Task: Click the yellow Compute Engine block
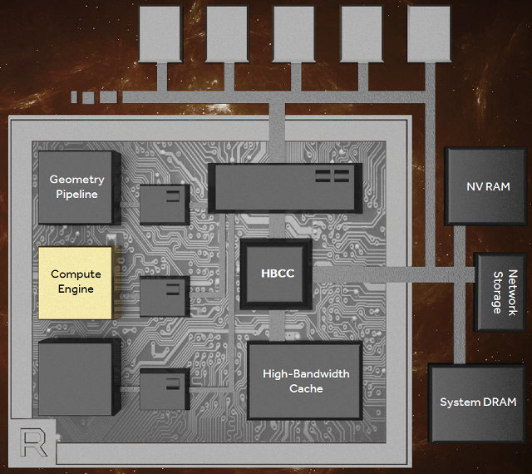point(75,282)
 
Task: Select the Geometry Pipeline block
point(75,187)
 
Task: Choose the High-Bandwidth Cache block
point(305,381)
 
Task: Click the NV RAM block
point(486,185)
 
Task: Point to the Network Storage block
point(500,293)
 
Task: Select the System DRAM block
point(477,402)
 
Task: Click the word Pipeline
point(76,195)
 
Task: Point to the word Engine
point(76,289)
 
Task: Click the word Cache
point(305,388)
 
